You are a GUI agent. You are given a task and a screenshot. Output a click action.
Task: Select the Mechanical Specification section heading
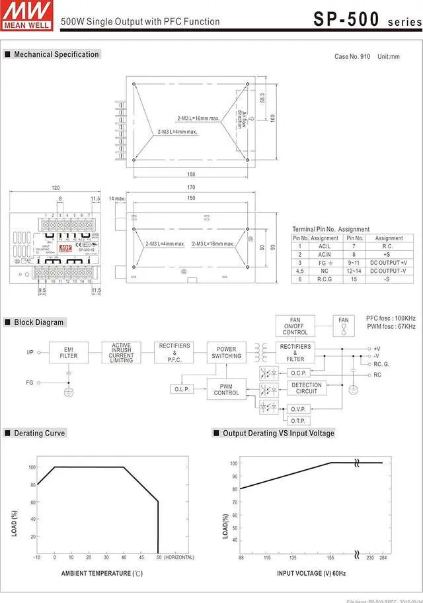click(56, 54)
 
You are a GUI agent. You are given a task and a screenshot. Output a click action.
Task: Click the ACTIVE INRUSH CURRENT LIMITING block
click(121, 352)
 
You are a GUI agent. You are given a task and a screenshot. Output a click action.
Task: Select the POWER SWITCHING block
click(226, 352)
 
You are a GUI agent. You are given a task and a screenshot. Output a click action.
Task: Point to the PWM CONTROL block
click(226, 389)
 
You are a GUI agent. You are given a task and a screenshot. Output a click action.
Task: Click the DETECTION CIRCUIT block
click(306, 388)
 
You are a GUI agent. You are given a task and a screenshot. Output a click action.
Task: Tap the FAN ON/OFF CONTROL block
click(295, 326)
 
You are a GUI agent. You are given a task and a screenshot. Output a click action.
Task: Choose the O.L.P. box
click(182, 389)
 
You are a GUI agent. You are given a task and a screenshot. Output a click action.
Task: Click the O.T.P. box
click(298, 420)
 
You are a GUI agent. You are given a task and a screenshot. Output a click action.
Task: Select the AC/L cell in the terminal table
click(325, 246)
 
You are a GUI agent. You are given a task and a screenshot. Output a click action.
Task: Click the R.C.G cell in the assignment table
click(325, 279)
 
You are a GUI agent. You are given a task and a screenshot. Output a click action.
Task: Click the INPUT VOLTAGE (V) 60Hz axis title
click(311, 573)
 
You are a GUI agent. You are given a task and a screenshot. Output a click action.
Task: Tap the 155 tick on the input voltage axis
click(330, 557)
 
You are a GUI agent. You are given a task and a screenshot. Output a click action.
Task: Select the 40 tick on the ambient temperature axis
click(124, 557)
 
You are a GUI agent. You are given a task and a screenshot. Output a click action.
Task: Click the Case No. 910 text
click(352, 57)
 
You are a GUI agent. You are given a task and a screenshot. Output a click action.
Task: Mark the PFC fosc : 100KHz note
click(391, 318)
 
